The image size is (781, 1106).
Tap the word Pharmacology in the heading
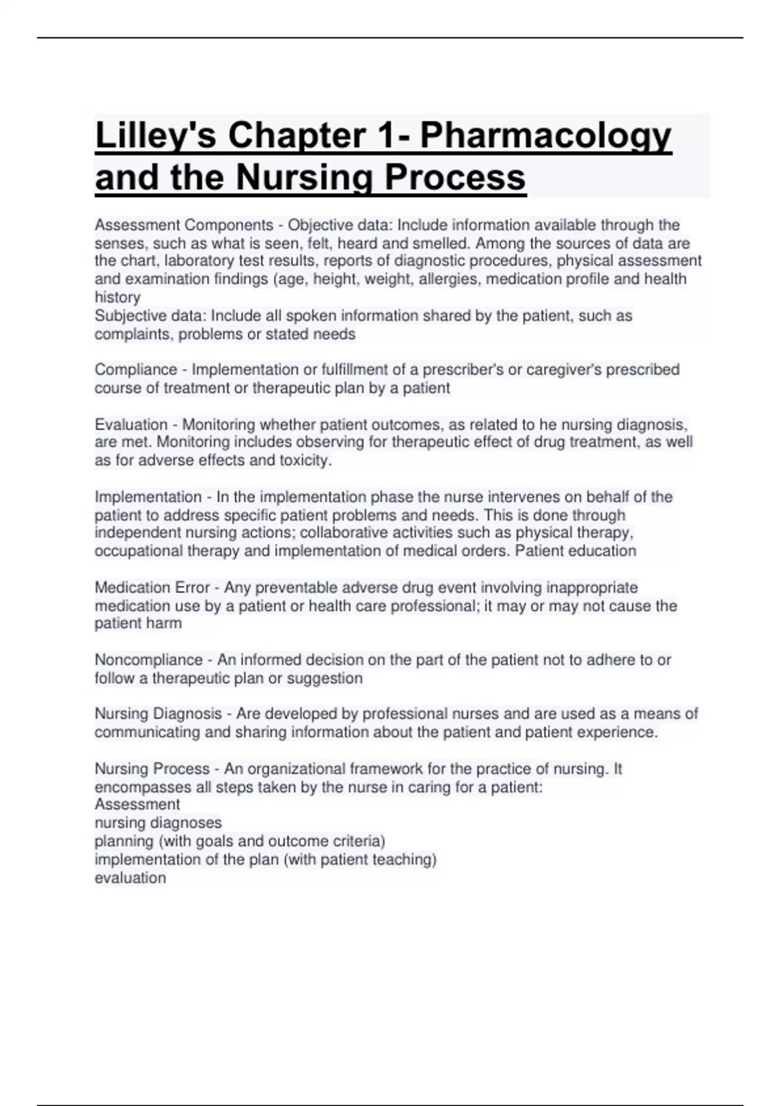coord(545,137)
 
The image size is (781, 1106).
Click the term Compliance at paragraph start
coord(135,370)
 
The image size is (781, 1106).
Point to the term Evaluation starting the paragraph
coord(131,425)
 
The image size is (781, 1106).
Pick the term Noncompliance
coord(148,660)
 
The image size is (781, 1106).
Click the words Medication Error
coord(152,587)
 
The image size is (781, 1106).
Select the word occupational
coord(139,551)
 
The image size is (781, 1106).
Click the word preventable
coord(295,587)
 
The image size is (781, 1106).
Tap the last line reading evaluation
coord(130,878)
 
